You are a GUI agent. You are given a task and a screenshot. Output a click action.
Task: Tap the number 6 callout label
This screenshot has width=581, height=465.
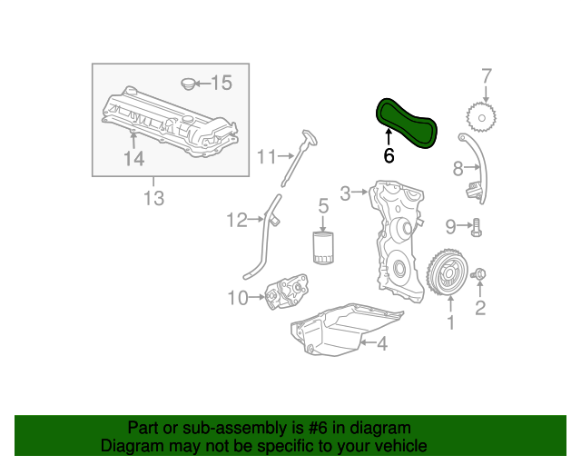[x=389, y=155]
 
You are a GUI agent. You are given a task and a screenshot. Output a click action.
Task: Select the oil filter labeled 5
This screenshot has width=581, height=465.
[x=322, y=247]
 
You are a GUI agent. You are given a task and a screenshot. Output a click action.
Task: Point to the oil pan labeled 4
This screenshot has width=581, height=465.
[x=345, y=332]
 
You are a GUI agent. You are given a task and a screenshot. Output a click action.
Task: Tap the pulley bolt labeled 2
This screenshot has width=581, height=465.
[x=480, y=274]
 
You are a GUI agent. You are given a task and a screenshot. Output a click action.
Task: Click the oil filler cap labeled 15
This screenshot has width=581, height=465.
[x=189, y=84]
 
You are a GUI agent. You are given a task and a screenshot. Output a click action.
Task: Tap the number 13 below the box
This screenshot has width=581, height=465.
[x=153, y=197]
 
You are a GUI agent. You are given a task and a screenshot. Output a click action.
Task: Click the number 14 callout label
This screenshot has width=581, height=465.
[x=133, y=160]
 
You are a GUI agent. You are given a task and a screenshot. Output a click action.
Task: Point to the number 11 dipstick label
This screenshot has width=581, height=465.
[x=264, y=157]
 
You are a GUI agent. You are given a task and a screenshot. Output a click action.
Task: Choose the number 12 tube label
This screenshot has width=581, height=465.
[x=237, y=219]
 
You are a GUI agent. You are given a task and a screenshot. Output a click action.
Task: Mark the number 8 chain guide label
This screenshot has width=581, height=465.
[x=458, y=166]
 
